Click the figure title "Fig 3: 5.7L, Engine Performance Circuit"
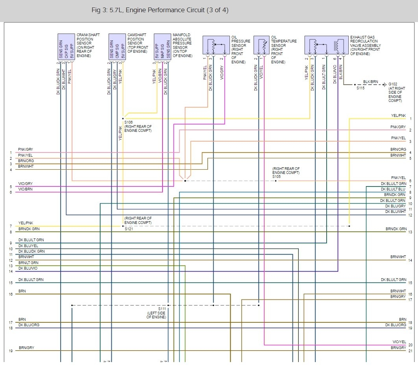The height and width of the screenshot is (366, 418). tap(159, 10)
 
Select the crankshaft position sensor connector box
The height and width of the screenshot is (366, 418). tap(66, 46)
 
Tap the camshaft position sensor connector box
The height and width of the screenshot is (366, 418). tap(117, 46)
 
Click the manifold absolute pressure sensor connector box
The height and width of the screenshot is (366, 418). tap(162, 46)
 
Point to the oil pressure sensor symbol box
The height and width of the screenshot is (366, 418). tap(216, 45)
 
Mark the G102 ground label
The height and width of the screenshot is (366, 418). tap(392, 84)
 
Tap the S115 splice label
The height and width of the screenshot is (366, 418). tap(360, 89)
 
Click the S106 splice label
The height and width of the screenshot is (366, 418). tap(128, 122)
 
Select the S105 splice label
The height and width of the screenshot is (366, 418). tap(277, 177)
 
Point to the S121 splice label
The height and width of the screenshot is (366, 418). tap(128, 229)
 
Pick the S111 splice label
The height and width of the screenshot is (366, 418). tap(162, 309)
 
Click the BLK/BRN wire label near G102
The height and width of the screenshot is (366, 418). tap(370, 82)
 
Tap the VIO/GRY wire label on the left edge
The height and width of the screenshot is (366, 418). tap(26, 184)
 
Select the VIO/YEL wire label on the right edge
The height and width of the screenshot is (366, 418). tap(399, 342)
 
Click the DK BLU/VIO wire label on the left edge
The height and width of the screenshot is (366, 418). tap(28, 268)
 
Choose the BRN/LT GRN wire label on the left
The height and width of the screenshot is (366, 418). tap(28, 262)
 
